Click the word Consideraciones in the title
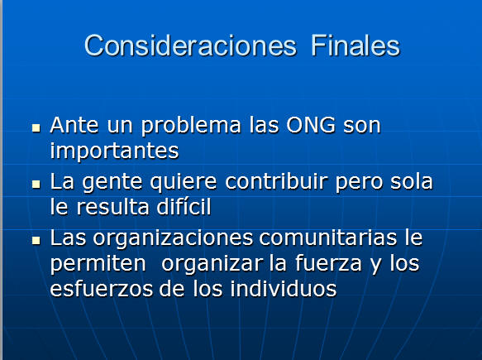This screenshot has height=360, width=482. pos(191,46)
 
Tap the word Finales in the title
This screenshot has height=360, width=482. pos(356,46)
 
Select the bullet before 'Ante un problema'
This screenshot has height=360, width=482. pos(36,128)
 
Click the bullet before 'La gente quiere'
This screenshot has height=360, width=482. pos(36,184)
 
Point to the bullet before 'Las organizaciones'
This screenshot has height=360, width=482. pos(36,240)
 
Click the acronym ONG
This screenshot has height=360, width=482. pos(311,125)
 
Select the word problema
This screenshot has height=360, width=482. pos(191,127)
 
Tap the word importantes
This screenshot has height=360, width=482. pos(114,151)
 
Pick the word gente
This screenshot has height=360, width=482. pos(112,183)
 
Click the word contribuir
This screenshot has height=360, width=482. pos(276,181)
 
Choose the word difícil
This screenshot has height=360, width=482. pos(184,206)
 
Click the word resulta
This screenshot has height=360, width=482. pos(112,207)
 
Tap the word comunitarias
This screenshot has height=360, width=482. pos(328,238)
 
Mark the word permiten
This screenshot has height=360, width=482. pos(98,265)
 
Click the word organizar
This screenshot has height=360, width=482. pos(212,265)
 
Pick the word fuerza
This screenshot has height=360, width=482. pos(328,263)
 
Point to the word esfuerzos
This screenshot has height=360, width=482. pos(102,289)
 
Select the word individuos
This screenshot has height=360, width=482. pos(284,289)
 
